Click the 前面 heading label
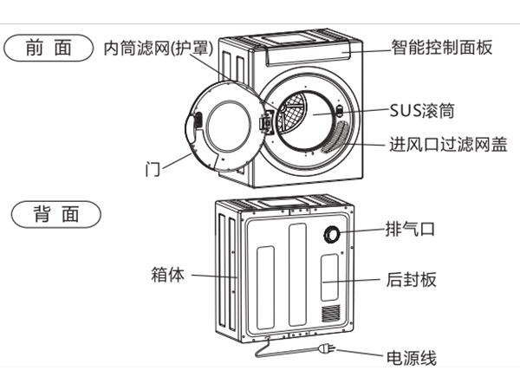click(49, 49)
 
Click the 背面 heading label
click(55, 213)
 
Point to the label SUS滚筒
click(422, 112)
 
